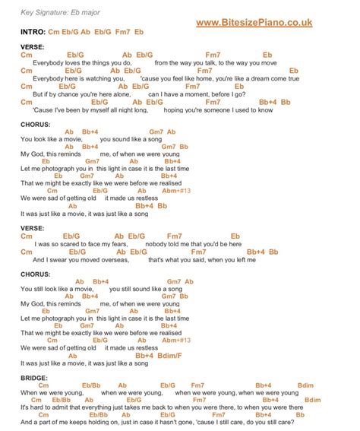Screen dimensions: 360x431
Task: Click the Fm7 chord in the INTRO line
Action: (121, 33)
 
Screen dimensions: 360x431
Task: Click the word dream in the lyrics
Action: (256, 78)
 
